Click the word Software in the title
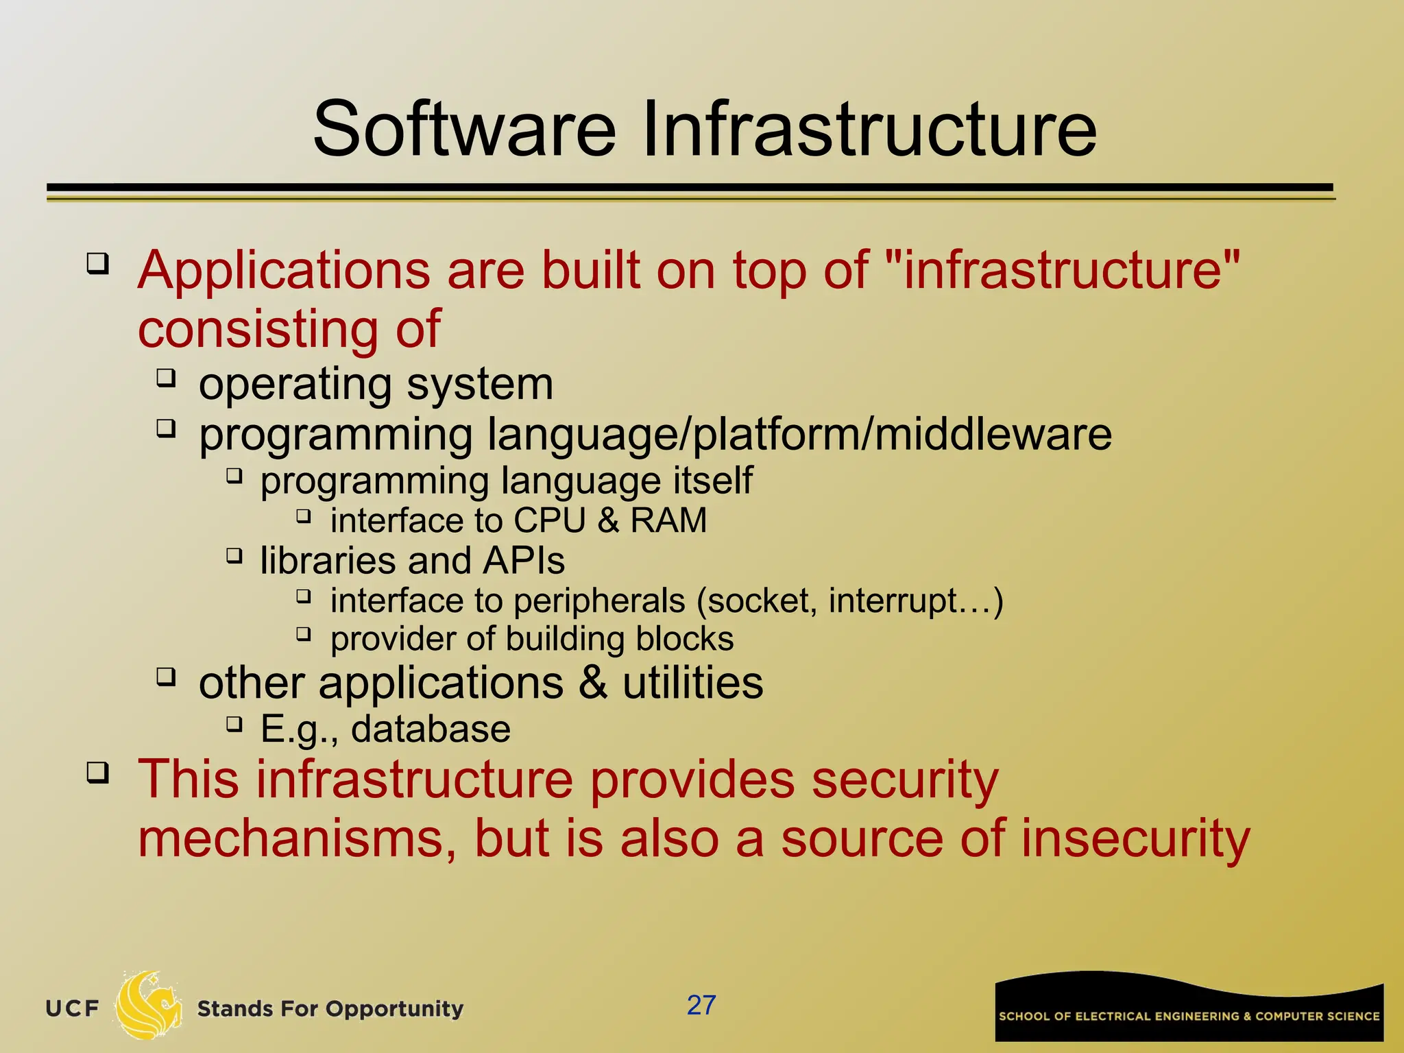(465, 129)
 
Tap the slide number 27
(701, 1005)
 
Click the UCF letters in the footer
(72, 1008)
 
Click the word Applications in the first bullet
(284, 271)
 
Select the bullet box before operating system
(166, 377)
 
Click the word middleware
(993, 435)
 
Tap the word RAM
(668, 520)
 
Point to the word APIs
(524, 561)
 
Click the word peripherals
(599, 601)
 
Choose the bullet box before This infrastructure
(97, 773)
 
